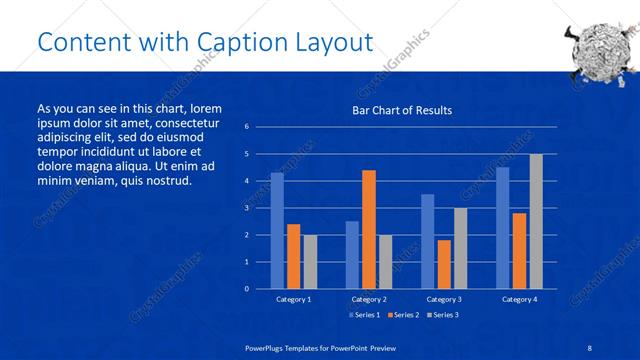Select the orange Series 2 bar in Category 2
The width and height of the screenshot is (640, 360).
coord(368,229)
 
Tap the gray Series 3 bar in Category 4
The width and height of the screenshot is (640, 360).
coord(536,221)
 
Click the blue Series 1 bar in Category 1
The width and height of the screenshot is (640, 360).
coord(277,230)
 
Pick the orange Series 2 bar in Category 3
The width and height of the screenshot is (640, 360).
coord(443,264)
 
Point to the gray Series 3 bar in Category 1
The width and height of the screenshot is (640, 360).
coord(310,261)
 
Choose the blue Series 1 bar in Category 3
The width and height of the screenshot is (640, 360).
coord(427,241)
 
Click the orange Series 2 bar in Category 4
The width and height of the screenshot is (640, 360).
coord(519,250)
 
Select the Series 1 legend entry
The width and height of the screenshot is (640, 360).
coord(363,315)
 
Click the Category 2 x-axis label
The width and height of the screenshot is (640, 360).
coord(368,299)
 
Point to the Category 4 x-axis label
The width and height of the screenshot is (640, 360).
coord(519,299)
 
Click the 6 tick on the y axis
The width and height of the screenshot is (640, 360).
coord(247,127)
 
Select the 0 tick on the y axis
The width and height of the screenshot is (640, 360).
coord(247,288)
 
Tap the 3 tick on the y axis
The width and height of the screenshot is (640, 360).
coord(247,208)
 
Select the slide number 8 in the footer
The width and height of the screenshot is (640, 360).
coord(589,346)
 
